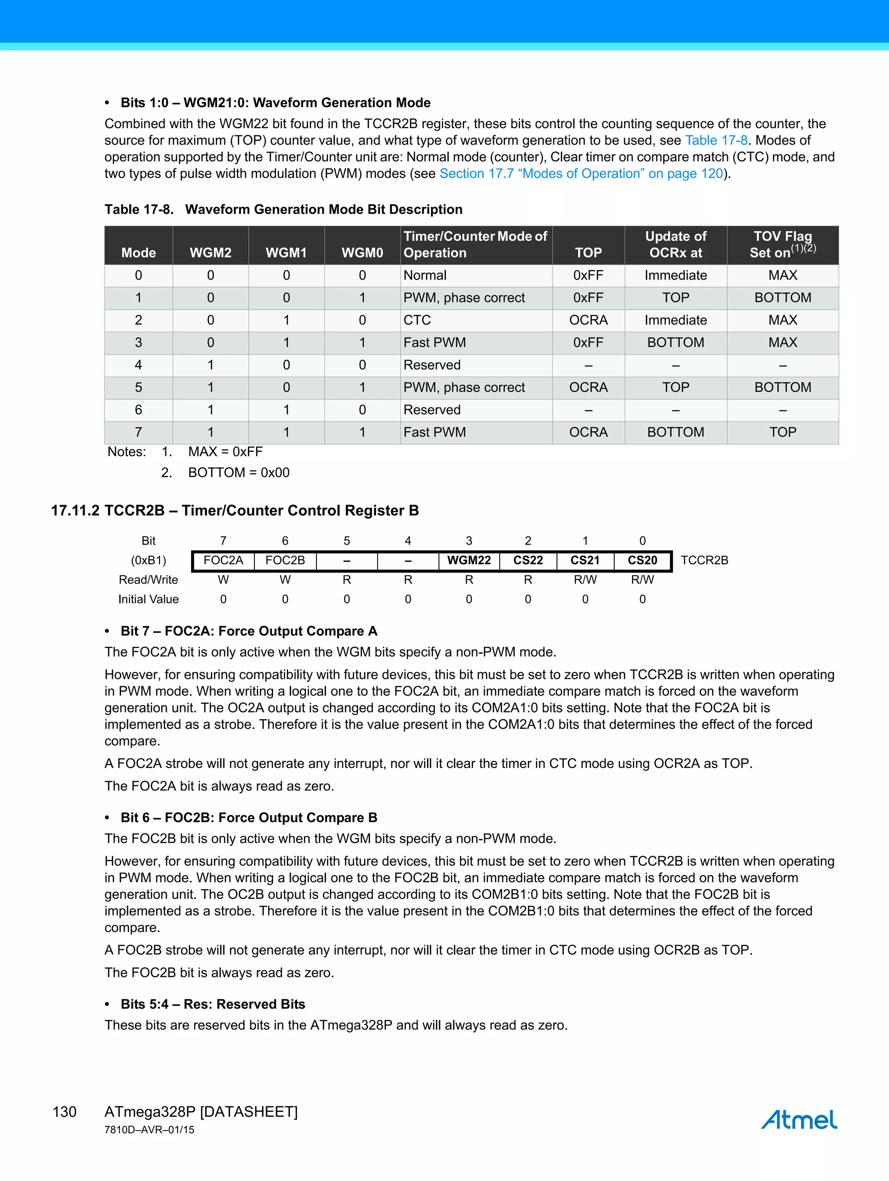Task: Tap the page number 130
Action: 65,1112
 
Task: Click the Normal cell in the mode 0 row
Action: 425,275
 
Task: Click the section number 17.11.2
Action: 75,510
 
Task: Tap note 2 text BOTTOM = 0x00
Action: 238,473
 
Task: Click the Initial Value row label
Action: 148,599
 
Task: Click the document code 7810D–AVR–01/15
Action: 149,1130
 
